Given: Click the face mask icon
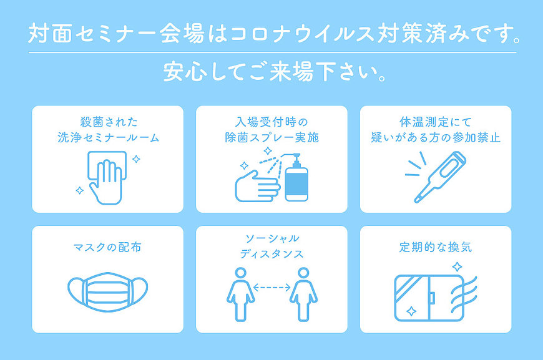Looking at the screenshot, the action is coord(108,291).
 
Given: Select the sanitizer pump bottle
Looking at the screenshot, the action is coord(296,179).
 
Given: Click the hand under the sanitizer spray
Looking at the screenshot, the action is coord(257,187).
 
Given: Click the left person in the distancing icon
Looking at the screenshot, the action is coord(240,294).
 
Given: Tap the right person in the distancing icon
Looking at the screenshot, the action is coord(303,294).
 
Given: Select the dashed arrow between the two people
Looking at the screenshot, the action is coord(272,287).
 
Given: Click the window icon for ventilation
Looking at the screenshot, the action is coord(429,298).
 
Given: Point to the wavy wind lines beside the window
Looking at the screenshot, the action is coord(464,294).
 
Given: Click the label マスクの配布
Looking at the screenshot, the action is coord(107,247).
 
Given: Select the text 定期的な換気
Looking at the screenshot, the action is coord(435,247).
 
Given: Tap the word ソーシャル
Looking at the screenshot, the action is coord(272,238).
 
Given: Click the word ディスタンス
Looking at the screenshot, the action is coord(272,254).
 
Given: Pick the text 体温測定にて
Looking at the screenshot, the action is coord(435,122).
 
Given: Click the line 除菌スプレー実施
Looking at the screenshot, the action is coord(272,137).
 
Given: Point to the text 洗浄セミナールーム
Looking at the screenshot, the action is coord(108,137).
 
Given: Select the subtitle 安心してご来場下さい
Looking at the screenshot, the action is coord(275,72).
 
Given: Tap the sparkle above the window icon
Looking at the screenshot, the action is coord(457,267).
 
